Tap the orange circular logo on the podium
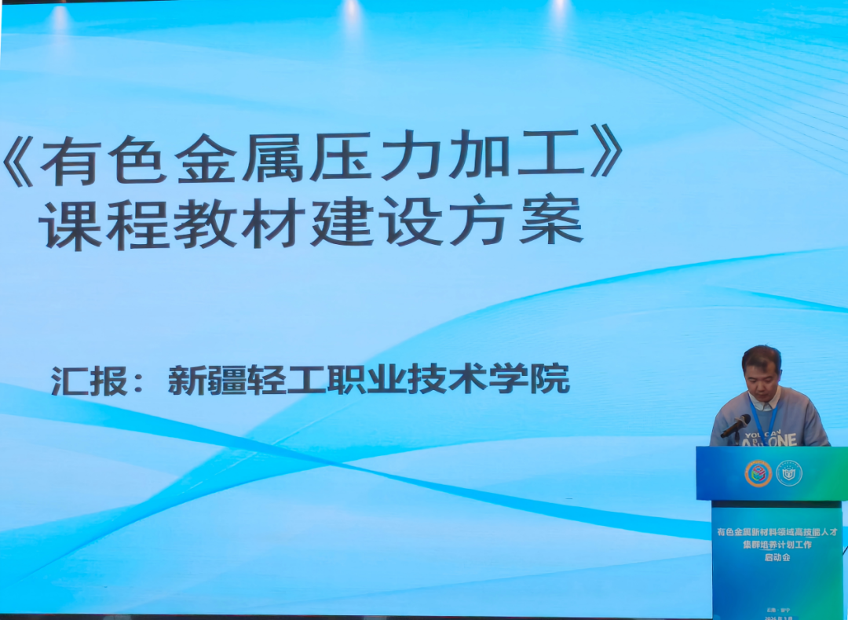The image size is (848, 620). [x=758, y=472]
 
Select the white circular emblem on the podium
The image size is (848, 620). [x=789, y=472]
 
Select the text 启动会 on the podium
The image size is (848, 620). [x=777, y=557]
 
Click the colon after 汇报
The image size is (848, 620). [x=139, y=383]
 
